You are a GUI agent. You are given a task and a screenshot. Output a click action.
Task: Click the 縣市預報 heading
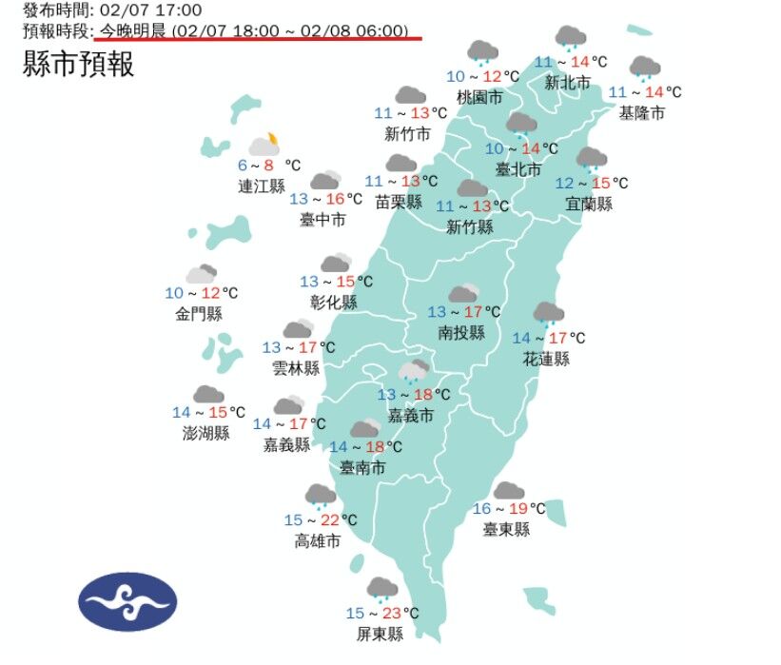pos(79,65)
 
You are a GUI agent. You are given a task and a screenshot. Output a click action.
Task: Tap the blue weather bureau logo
pos(127,601)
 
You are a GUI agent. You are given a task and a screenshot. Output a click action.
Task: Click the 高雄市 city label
pos(318,542)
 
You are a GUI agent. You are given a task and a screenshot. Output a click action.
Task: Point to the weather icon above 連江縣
pos(264,145)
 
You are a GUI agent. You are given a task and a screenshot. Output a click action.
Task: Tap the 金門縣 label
pos(199,314)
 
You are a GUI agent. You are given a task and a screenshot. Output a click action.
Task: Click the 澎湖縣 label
pos(206,434)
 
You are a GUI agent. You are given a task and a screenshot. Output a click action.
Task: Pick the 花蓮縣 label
pos(546,359)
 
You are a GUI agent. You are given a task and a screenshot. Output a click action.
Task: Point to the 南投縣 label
pos(461,333)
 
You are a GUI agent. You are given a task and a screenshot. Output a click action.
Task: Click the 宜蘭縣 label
pos(590,204)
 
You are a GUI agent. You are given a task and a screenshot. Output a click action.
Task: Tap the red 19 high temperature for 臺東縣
pos(518,509)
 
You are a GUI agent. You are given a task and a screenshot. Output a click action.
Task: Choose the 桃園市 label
pos(479,97)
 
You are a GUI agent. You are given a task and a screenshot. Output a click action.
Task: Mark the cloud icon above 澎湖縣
pos(208,394)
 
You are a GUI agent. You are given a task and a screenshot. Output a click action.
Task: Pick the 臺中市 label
pos(322,220)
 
